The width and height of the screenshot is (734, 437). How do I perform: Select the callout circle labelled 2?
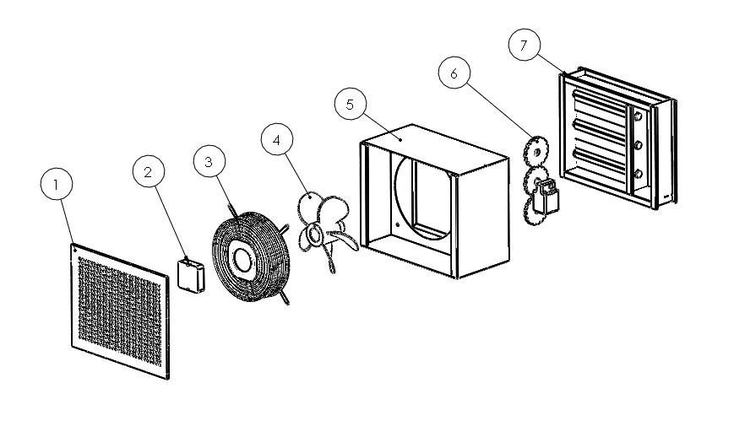[x=150, y=173]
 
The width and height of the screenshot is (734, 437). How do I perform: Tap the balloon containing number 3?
[x=210, y=161]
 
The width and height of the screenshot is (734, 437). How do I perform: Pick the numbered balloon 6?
[x=454, y=73]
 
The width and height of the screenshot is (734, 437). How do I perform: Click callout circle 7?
[x=524, y=46]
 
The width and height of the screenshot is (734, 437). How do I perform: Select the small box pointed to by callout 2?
[x=191, y=275]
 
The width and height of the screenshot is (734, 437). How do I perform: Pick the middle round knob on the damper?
[x=638, y=146]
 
